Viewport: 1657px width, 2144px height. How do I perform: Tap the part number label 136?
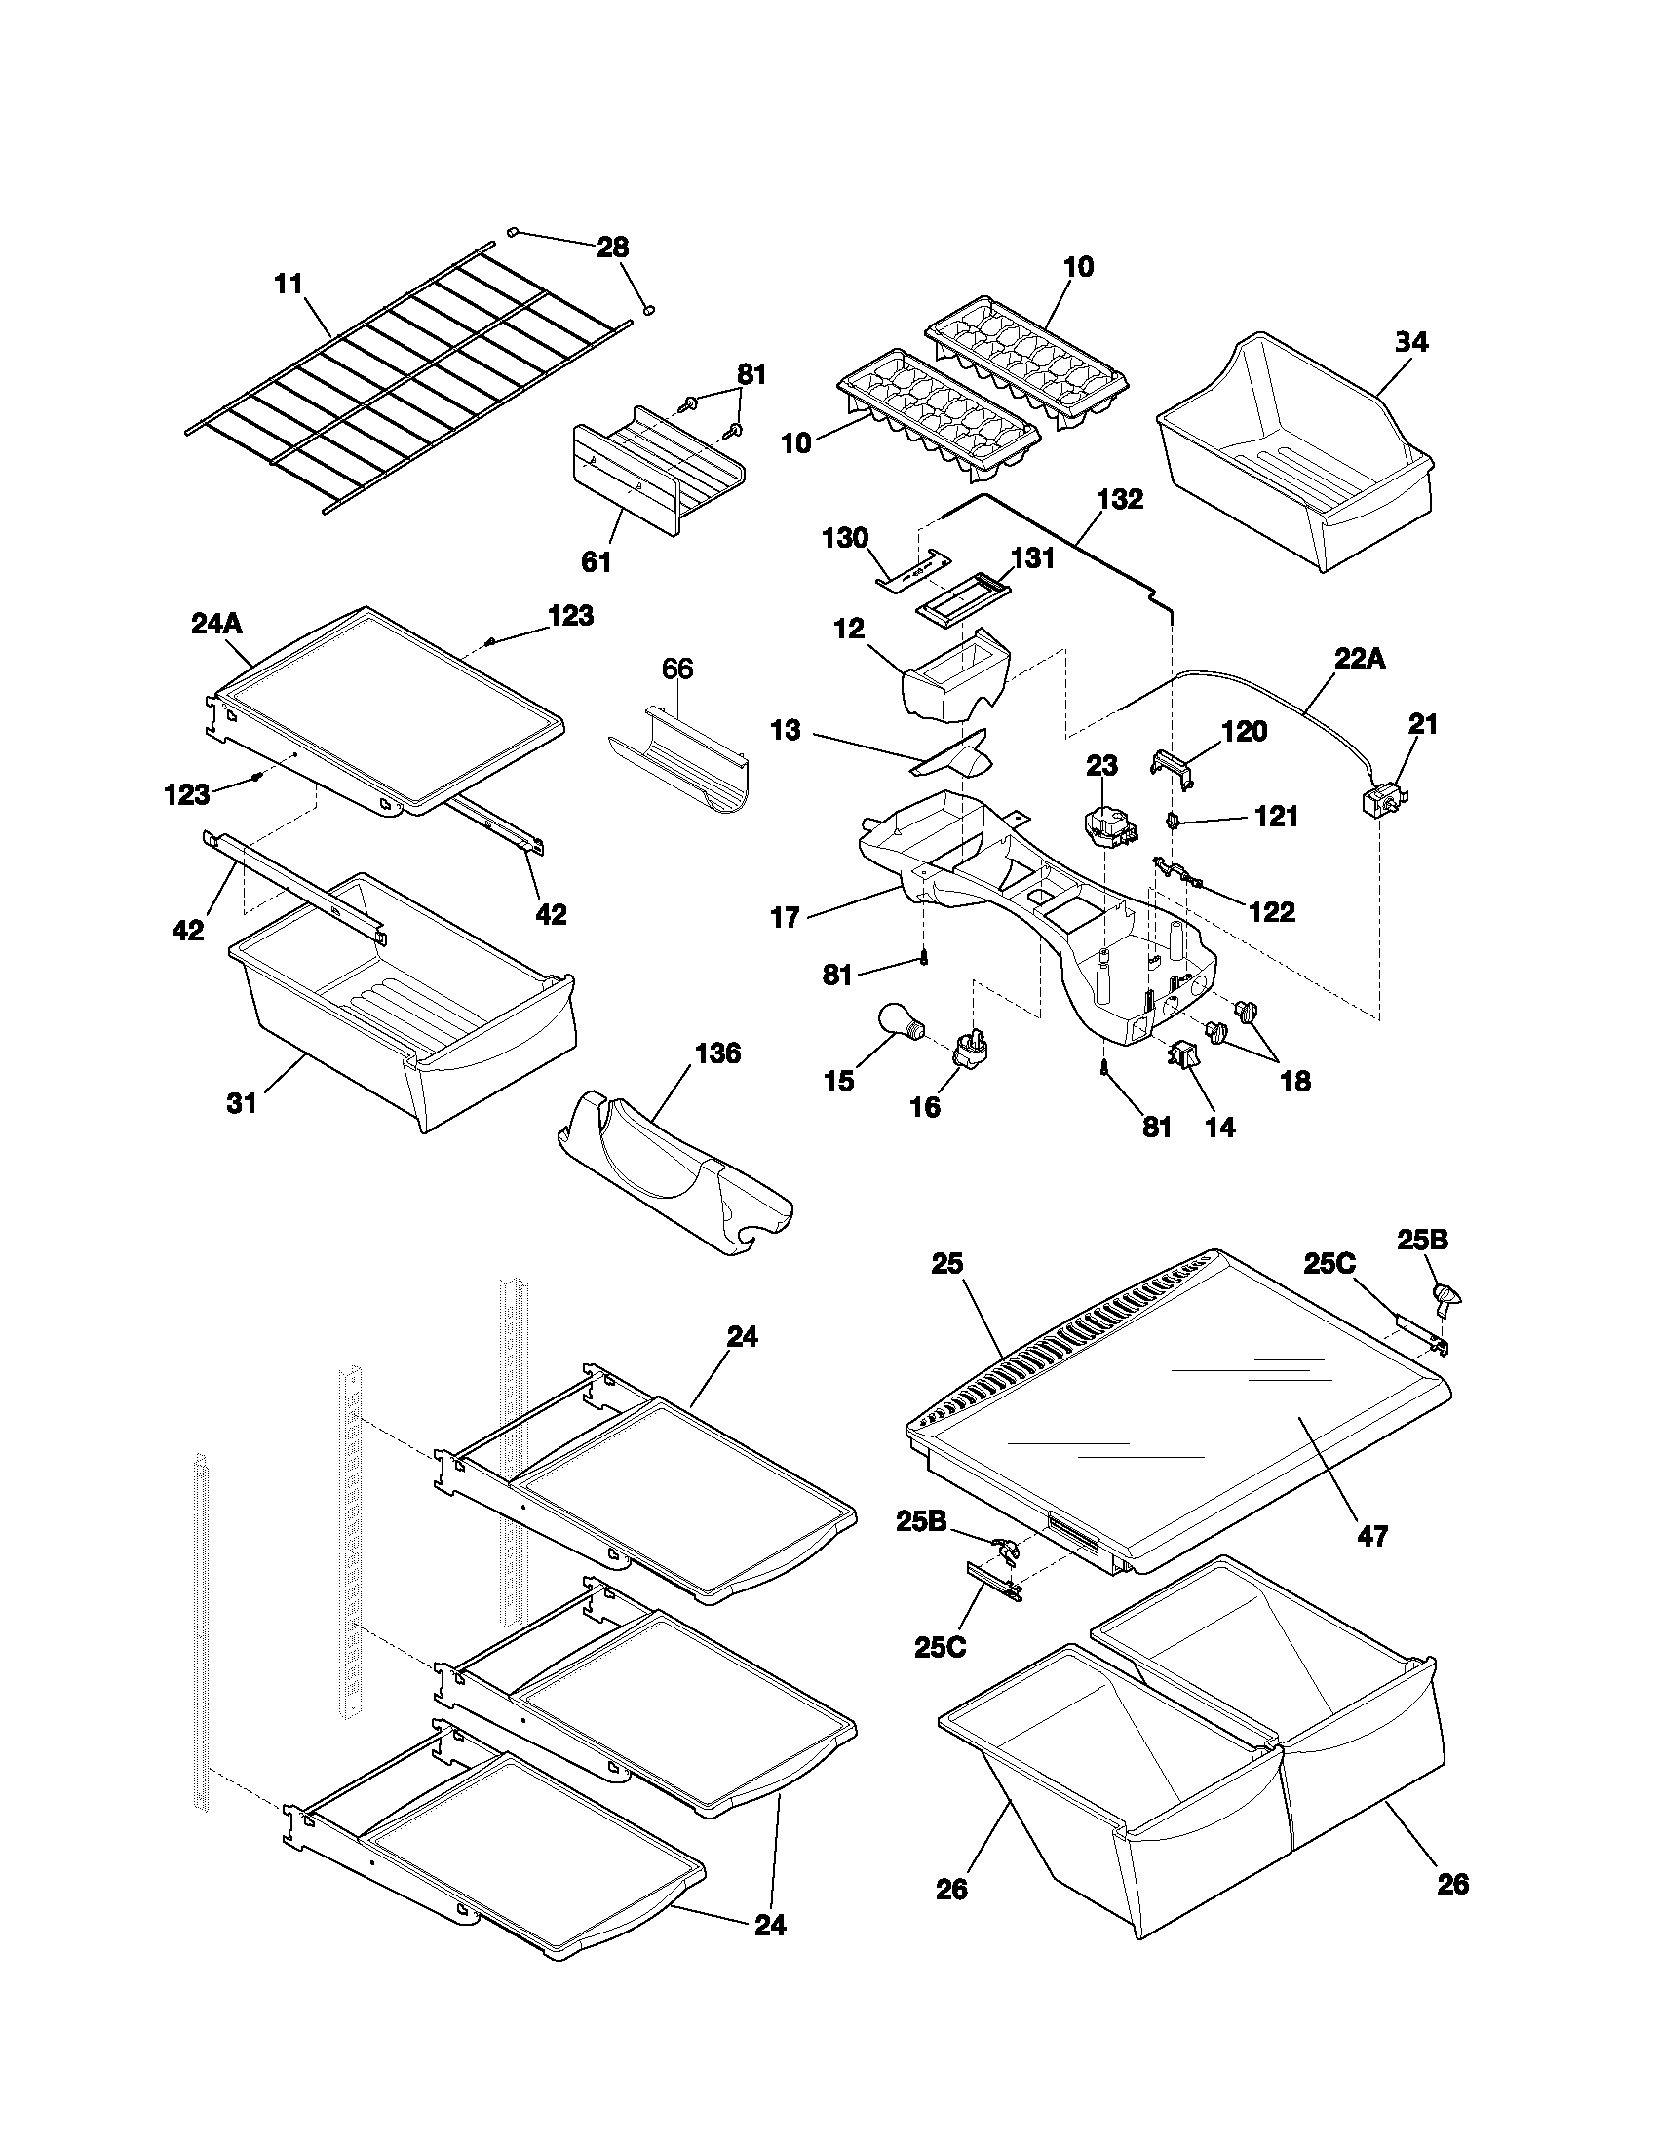(717, 1053)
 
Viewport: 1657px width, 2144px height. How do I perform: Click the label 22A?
(1360, 659)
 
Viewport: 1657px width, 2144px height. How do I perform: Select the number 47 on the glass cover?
(1372, 1535)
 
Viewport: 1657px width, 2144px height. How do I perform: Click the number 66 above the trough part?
(677, 669)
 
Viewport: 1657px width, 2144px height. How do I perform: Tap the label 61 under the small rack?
(596, 561)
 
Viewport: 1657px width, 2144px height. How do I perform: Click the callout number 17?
(786, 918)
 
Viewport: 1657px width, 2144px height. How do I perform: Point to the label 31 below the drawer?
(242, 1102)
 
